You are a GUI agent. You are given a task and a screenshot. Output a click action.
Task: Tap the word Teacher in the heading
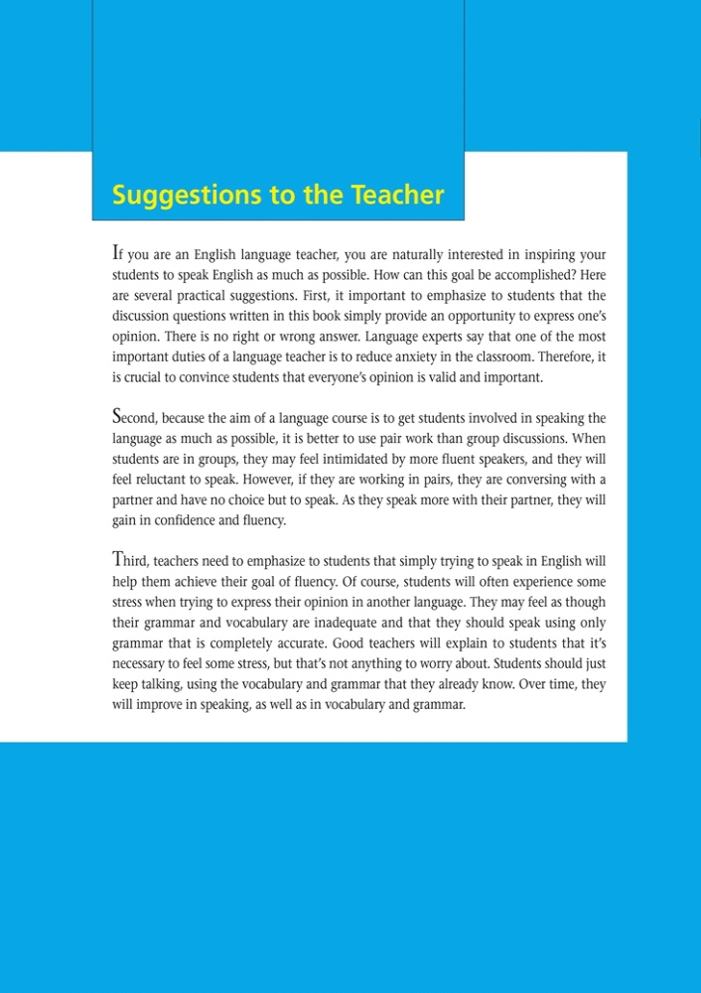click(x=397, y=195)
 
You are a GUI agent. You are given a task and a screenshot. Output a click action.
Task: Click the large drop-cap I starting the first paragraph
click(x=116, y=253)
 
